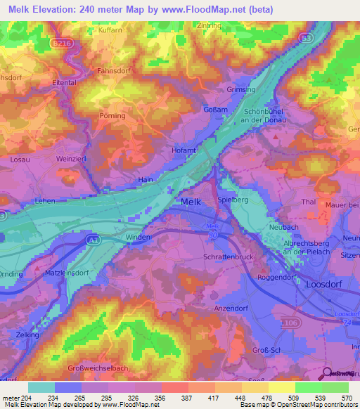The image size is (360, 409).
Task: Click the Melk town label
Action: click(194, 202)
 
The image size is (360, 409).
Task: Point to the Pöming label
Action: click(112, 116)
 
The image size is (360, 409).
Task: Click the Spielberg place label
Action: click(233, 200)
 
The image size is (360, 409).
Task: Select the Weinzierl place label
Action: click(70, 160)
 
